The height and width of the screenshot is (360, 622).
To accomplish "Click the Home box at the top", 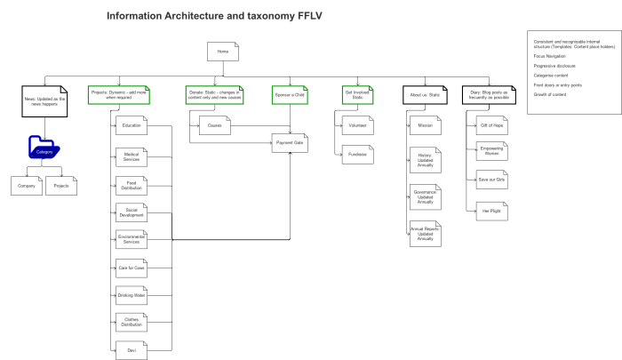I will (223, 52).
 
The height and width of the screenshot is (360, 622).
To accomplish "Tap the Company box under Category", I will (27, 187).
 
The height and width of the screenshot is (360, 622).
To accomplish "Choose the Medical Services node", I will (132, 156).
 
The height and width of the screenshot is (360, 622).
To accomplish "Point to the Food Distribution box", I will (132, 186).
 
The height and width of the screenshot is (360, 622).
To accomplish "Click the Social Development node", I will (132, 212).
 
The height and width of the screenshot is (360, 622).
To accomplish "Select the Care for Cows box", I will (132, 267).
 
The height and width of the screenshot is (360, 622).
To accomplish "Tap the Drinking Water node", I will (132, 294).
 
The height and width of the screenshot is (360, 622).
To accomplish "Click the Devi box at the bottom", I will (132, 349).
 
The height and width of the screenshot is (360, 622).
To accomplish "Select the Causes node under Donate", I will (215, 126).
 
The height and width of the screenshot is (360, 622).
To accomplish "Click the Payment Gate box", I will (290, 142).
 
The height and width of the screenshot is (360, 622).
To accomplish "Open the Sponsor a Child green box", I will (290, 93).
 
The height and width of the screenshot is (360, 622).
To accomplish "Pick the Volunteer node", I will (356, 126).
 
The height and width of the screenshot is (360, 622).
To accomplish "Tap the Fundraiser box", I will (356, 154).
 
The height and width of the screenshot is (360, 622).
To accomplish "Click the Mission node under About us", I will (425, 126).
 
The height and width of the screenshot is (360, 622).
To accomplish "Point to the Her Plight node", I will (491, 212).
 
